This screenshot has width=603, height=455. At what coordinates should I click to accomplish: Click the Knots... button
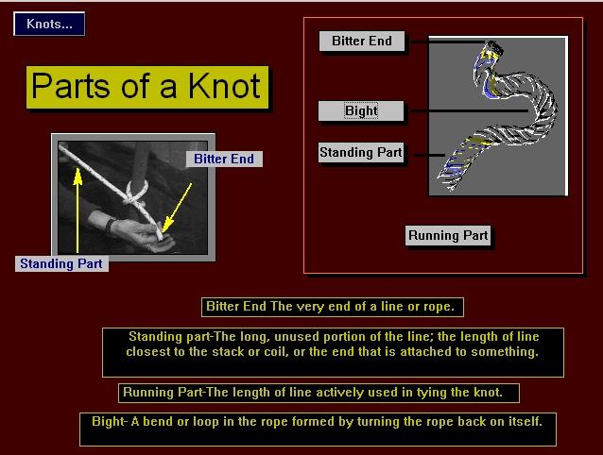49,24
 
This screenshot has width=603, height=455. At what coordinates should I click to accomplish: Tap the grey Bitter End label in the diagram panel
362,42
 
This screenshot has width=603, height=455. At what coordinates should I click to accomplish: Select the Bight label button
361,111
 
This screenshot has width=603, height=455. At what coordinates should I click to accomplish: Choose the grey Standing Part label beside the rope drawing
361,152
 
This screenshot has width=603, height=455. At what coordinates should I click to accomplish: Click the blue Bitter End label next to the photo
224,159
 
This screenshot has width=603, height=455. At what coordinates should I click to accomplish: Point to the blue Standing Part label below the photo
61,263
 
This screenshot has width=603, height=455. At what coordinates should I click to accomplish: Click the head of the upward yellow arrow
78,177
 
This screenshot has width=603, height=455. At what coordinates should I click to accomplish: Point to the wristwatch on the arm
110,225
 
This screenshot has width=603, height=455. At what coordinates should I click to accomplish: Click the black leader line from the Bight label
470,111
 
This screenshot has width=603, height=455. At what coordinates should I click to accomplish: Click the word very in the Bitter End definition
310,307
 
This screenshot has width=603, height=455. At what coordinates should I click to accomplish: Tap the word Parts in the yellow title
74,86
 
